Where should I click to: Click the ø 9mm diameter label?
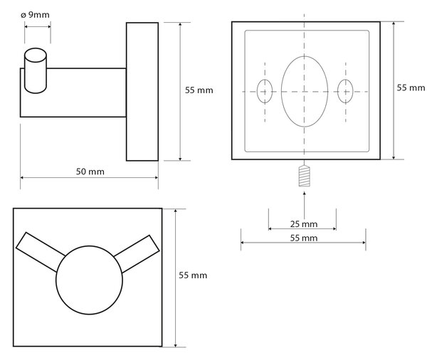click(35, 15)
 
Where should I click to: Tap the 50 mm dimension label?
click(90, 171)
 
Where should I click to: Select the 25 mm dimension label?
click(304, 224)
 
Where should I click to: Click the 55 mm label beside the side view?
click(199, 90)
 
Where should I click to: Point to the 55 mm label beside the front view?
click(193, 275)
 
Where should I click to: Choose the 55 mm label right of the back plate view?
click(411, 88)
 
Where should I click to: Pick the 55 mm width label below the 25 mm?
click(304, 238)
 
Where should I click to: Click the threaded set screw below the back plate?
click(304, 176)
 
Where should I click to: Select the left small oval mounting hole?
click(258, 92)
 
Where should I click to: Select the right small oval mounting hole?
click(337, 92)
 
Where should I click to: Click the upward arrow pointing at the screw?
click(304, 205)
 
